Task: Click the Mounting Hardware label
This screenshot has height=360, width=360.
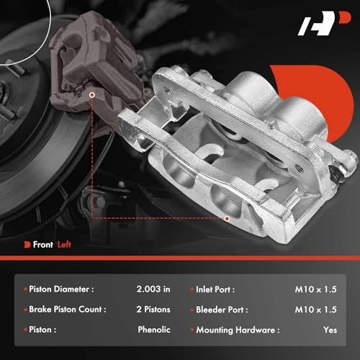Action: coord(237,330)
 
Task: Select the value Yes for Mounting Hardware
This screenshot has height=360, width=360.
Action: coord(330,330)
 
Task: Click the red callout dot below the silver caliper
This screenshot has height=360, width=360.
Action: coord(226,217)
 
